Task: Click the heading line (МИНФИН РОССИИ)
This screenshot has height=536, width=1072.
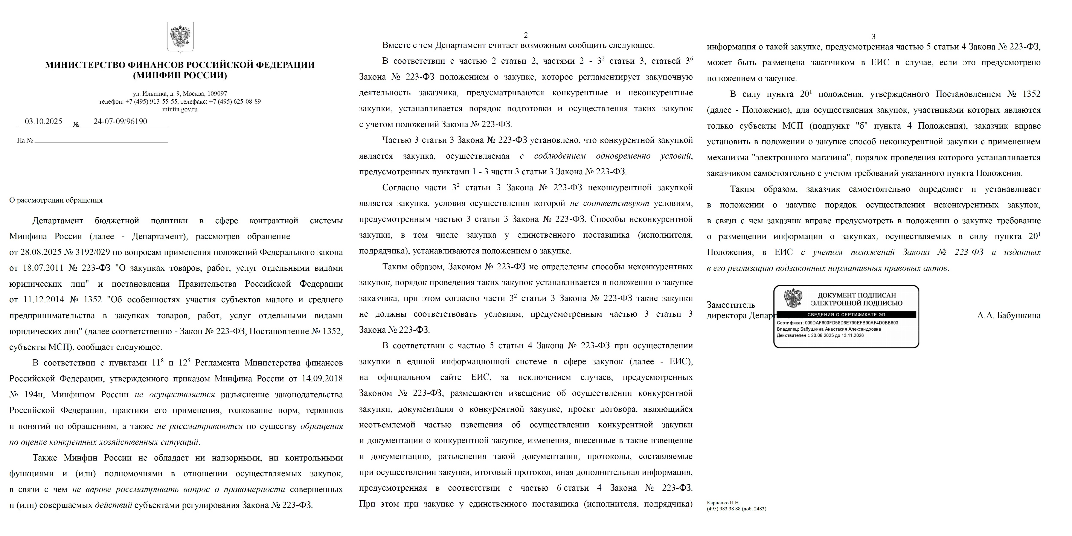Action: click(x=180, y=75)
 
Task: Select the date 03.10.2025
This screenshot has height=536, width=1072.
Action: click(x=43, y=121)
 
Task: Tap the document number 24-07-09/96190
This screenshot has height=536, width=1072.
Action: click(x=120, y=121)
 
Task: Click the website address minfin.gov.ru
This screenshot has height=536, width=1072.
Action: click(x=180, y=109)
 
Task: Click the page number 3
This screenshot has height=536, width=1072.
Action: click(x=874, y=37)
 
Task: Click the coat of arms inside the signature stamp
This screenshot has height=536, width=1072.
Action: click(x=793, y=298)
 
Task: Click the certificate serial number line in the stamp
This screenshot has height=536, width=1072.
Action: click(x=837, y=323)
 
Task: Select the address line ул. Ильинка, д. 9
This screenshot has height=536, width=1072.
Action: click(x=180, y=94)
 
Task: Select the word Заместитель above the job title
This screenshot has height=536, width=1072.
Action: click(x=731, y=305)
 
